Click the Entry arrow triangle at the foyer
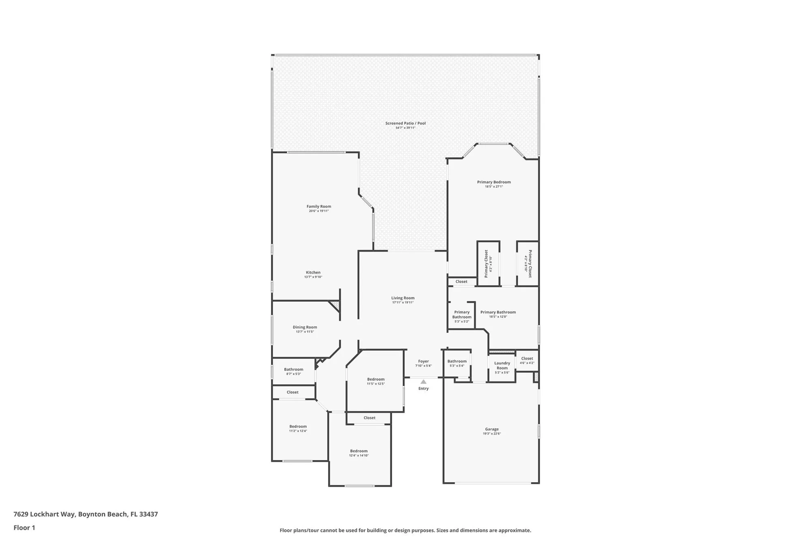point(423,382)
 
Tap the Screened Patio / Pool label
point(405,123)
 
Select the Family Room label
point(319,207)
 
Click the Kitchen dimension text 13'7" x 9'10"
point(313,277)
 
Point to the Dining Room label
point(305,327)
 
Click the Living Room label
point(403,298)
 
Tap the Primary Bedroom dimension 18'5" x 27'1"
point(494,187)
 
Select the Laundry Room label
point(502,366)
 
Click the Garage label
point(492,429)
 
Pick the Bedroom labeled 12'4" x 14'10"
point(359,451)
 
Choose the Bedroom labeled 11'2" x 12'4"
point(298,427)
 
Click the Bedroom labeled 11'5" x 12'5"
point(376,379)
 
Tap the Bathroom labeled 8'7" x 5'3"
point(294,369)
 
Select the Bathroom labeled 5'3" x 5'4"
point(457,361)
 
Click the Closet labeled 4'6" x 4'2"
point(527,358)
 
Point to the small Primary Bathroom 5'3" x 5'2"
point(462,315)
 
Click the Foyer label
point(423,361)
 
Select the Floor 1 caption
point(24,528)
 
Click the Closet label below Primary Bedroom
point(461,282)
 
